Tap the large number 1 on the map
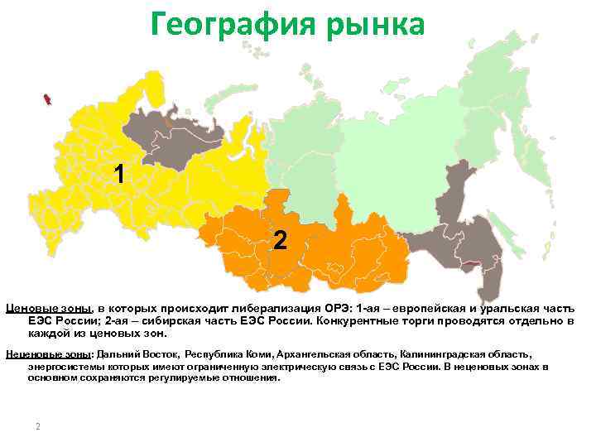[x=121, y=174]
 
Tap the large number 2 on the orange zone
[x=281, y=241]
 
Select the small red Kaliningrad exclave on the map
[x=48, y=99]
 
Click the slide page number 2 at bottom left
[x=37, y=426]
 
